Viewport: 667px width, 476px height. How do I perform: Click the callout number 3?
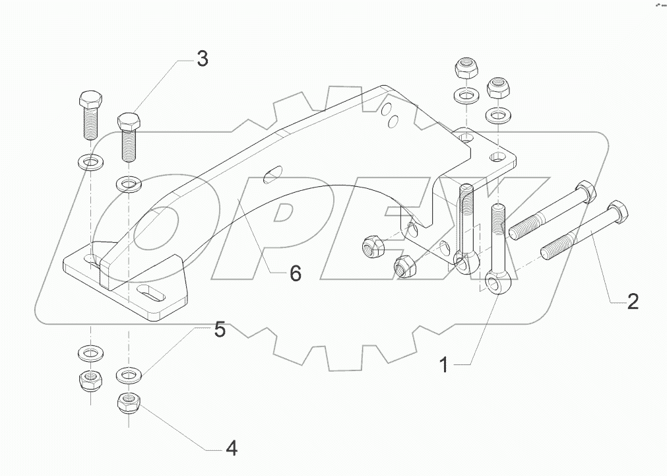point(202,59)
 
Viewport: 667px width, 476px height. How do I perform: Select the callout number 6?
point(295,272)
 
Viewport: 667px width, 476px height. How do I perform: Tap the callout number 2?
point(632,302)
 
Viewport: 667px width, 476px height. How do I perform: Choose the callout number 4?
point(230,449)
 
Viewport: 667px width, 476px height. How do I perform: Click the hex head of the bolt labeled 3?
point(128,122)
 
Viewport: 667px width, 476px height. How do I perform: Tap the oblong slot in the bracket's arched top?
point(270,176)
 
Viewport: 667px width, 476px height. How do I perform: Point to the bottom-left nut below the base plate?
point(88,379)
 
